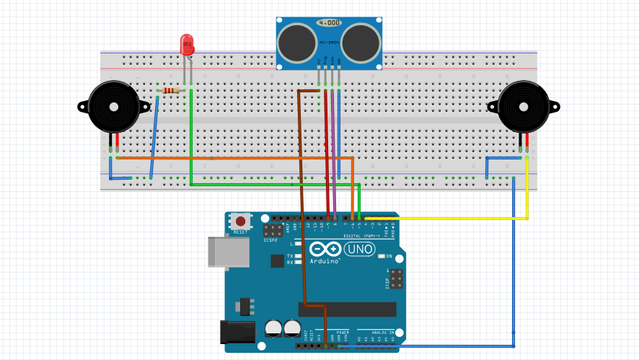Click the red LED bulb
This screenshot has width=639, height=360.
tap(188, 45)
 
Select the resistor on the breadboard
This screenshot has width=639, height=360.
tap(171, 91)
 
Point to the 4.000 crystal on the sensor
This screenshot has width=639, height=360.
tap(329, 23)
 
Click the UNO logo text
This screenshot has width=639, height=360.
tap(358, 249)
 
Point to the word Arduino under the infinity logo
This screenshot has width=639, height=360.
tap(325, 260)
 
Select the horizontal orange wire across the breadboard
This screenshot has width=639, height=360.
tap(231, 157)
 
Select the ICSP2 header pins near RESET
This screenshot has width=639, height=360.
tap(273, 232)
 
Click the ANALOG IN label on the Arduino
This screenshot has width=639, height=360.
tap(377, 333)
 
